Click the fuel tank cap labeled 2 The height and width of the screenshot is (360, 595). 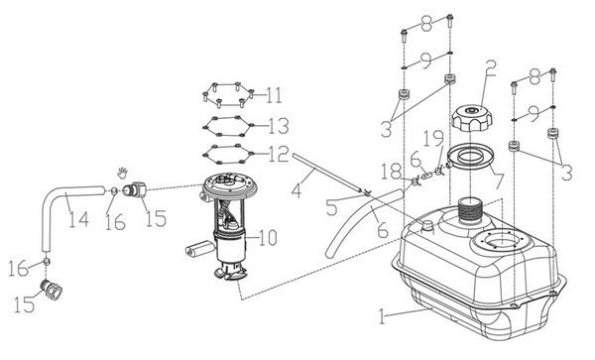coord(472,118)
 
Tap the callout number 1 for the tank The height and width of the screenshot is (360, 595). coord(382,316)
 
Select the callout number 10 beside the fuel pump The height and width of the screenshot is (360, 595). coord(268,238)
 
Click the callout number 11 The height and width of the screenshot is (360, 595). coord(274,95)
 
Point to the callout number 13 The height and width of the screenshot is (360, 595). coord(279,126)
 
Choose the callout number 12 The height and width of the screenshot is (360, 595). coord(279,154)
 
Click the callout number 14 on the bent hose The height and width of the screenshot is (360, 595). coord(79,219)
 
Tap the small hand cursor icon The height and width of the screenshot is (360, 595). coord(122,173)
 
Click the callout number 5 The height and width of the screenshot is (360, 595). coord(331,207)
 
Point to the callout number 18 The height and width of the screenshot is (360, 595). coord(392,172)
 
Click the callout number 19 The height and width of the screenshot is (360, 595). coord(433,139)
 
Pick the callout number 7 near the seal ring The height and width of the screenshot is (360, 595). coord(497,180)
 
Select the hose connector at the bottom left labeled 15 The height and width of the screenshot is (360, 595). coord(52,290)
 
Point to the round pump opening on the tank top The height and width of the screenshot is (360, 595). coord(501,241)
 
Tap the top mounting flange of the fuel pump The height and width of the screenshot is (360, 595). coord(230,184)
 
